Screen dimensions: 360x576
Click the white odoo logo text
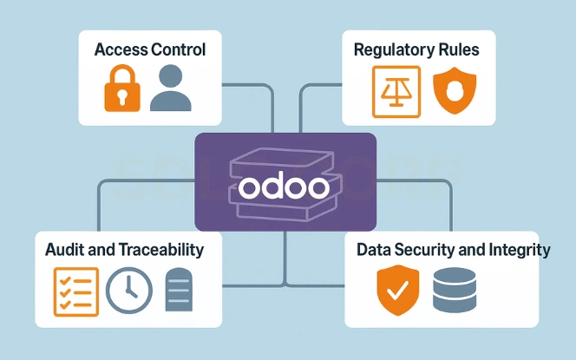coord(285,186)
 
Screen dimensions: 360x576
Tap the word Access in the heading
coord(120,49)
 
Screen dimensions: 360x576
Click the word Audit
coord(63,250)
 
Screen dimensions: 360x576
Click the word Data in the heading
coord(373,250)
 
